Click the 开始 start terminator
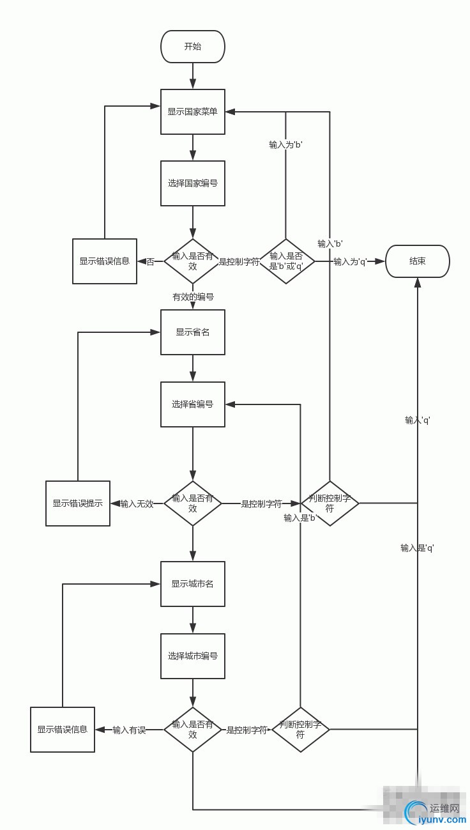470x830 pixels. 192,47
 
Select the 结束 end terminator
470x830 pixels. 418,261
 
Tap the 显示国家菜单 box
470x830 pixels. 192,112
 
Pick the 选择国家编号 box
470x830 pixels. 192,183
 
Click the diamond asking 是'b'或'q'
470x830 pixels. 286,261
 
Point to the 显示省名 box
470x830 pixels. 192,332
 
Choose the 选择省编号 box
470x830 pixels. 192,404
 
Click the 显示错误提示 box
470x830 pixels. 78,503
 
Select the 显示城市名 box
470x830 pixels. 192,584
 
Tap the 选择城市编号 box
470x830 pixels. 192,656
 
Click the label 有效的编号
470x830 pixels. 193,297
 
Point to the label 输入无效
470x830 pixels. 137,503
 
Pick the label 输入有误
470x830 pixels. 129,730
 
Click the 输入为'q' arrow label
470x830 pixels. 351,261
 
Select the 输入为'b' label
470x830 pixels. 285,145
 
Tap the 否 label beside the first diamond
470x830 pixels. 151,261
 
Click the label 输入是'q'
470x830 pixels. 417,548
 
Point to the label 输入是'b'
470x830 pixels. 301,518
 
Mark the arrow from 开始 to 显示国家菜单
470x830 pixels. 192,76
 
